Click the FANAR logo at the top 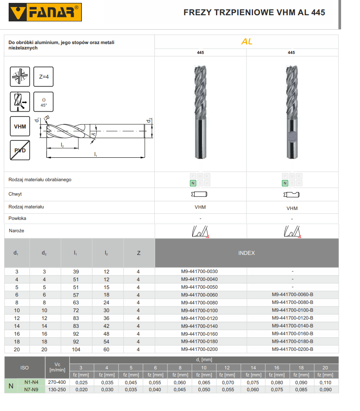pos(45,12)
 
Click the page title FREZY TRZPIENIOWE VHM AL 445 pos(254,12)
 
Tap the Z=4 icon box pos(43,77)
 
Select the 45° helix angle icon pos(43,102)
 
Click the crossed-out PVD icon pos(20,151)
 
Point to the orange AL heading pos(246,42)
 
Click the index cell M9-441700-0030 pos(199,272)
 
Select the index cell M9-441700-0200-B pos(292,349)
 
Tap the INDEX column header pos(246,253)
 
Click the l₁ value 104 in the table pos(76,350)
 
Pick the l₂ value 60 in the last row pos(106,350)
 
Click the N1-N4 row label pos(31,382)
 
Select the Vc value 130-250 pos(57,390)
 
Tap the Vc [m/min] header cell pos(57,367)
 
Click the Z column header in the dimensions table pos(138,253)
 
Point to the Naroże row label pos(16,231)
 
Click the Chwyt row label pos(15,194)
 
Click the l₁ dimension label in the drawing pos(95,154)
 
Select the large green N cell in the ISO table pos(11,386)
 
